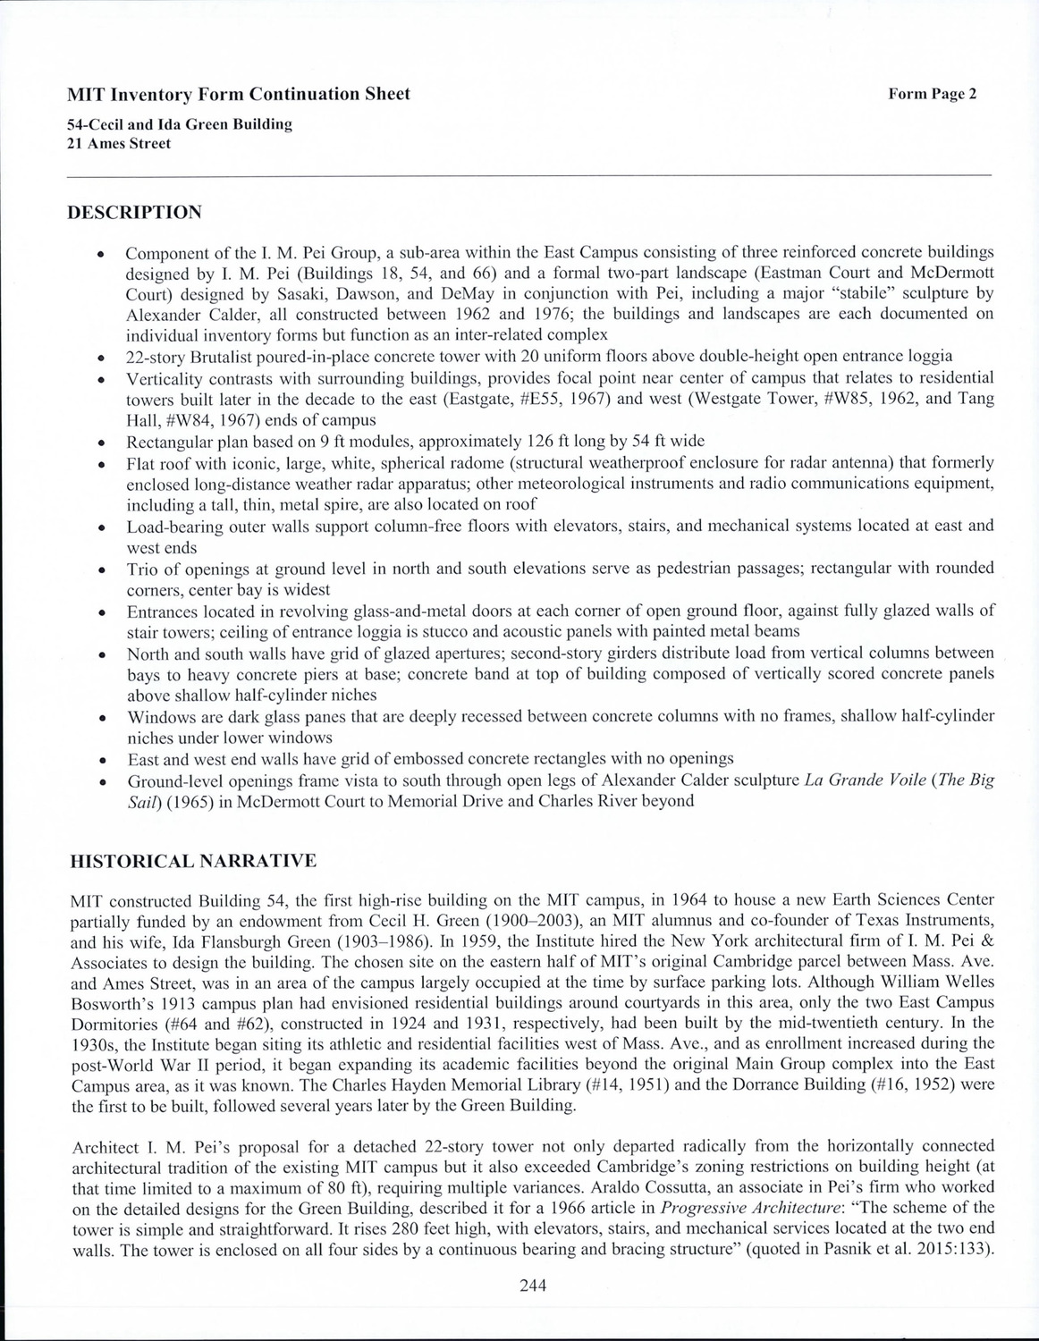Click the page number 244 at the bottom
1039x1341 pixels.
point(532,1286)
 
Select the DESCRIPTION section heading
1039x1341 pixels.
point(135,212)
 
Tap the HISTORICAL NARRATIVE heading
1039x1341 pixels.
point(193,861)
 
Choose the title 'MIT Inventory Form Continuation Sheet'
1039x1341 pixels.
point(239,94)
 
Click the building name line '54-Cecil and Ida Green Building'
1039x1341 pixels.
point(180,124)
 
